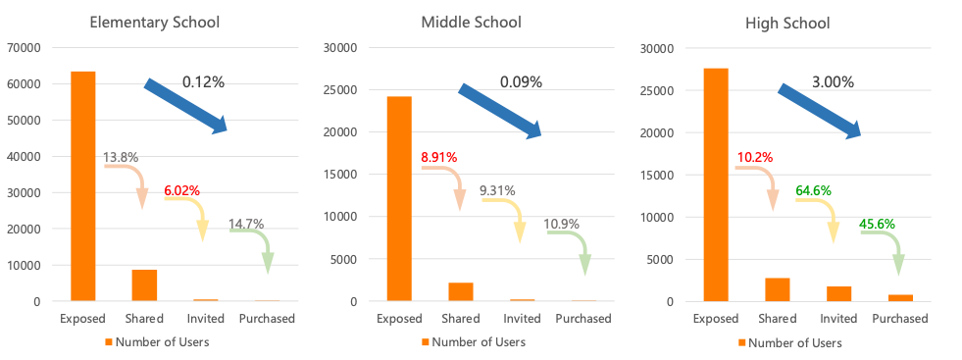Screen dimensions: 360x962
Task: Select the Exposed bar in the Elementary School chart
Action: point(83,185)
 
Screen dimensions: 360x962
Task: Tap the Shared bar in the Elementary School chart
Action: point(144,284)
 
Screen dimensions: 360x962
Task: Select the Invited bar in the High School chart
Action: point(839,293)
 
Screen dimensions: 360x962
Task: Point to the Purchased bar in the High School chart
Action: point(900,297)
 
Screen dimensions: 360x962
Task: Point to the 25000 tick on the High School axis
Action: point(657,90)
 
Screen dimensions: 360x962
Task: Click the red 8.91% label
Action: point(438,156)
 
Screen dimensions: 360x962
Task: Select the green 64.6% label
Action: point(813,189)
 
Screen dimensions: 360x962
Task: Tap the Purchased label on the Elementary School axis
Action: point(267,319)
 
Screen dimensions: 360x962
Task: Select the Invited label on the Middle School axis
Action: point(522,319)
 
